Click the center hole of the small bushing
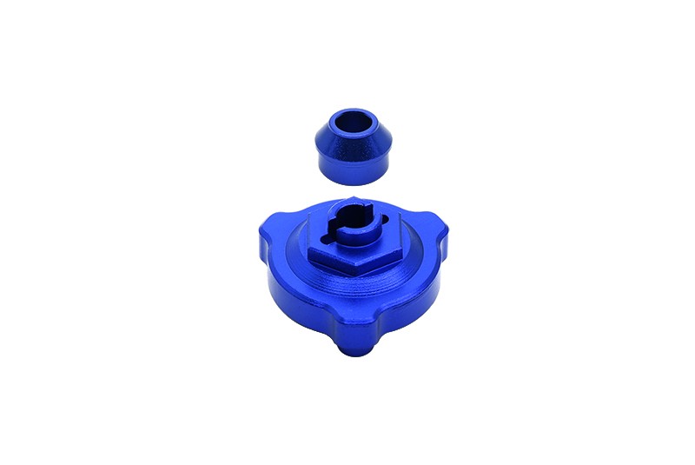coord(353,122)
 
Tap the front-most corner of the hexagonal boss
coord(358,269)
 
